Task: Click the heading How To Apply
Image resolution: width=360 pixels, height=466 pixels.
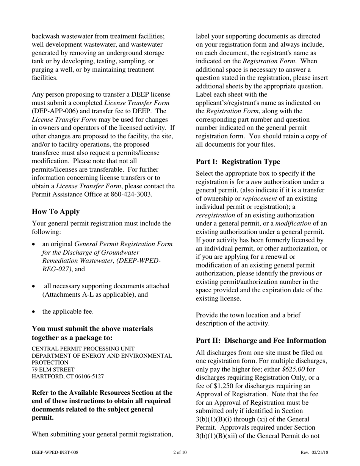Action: tap(55, 211)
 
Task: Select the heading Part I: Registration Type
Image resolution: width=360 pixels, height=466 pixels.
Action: tap(238, 162)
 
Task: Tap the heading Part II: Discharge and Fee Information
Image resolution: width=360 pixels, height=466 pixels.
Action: tap(261, 341)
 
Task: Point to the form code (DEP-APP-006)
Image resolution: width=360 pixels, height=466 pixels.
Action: tap(55, 111)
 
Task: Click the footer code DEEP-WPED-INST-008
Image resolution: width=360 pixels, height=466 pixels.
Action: tap(55, 452)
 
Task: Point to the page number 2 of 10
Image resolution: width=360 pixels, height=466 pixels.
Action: tap(180, 452)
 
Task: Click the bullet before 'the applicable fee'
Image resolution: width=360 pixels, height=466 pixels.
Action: tap(34, 312)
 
